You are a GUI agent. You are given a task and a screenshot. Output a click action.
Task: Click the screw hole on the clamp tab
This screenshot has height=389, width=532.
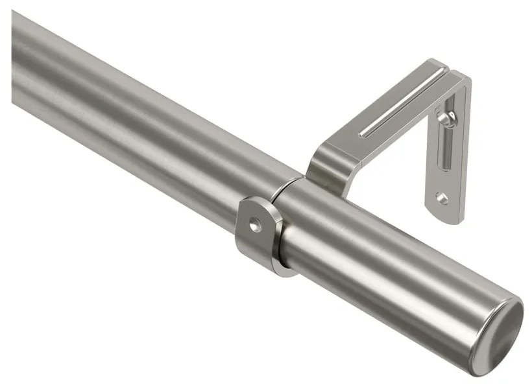[256, 225]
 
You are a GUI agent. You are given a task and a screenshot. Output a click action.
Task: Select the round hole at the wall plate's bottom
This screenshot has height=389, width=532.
[442, 197]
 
